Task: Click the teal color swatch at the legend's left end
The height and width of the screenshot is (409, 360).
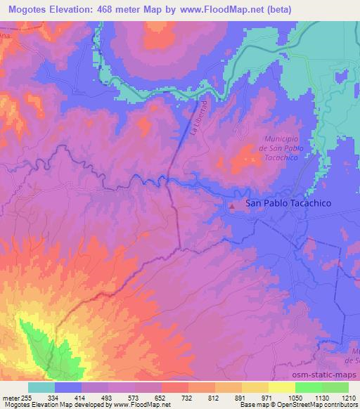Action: (41, 387)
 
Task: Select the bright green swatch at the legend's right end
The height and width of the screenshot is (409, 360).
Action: (336, 387)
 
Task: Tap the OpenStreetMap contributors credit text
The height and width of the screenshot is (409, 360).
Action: (317, 405)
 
